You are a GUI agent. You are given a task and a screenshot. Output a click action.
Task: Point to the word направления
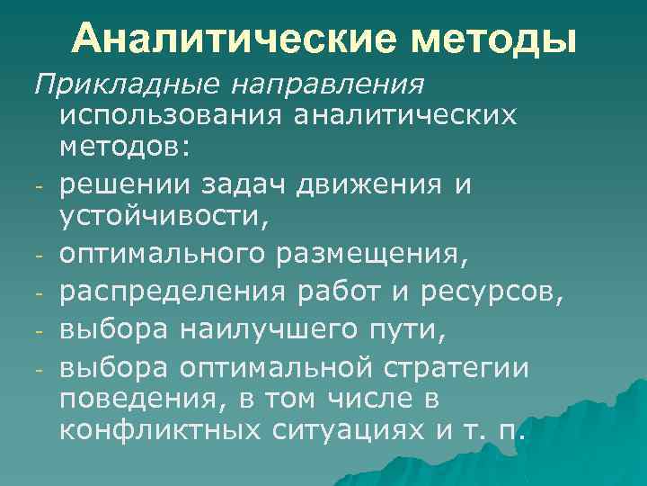pos(327,86)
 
